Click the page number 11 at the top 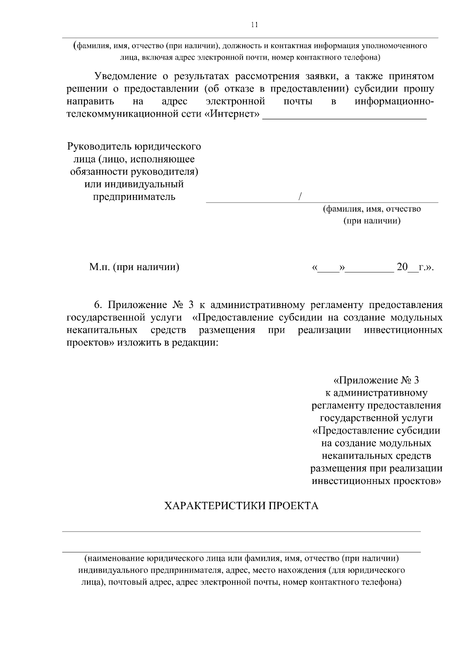[254, 25]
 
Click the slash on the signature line [300, 197]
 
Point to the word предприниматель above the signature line [134, 197]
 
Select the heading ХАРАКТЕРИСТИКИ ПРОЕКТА [241, 506]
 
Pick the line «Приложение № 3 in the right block [376, 380]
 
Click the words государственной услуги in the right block [376, 418]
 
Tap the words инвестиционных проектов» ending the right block [376, 481]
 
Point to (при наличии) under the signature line [372, 221]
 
